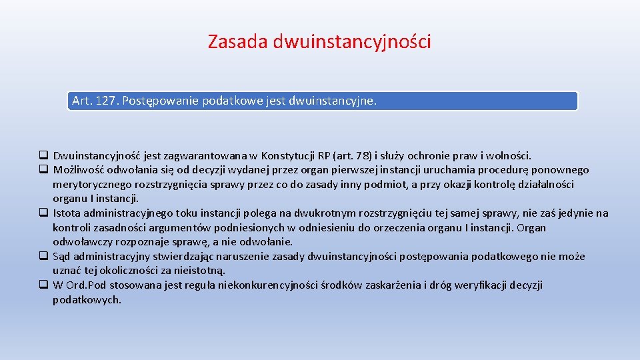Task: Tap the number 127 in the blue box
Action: pos(105,101)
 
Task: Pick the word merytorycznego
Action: pos(92,184)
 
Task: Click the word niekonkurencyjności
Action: pos(255,285)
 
